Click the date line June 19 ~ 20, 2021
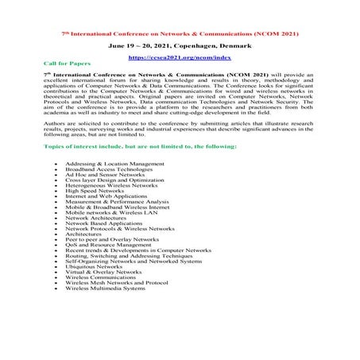[x=180, y=46]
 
